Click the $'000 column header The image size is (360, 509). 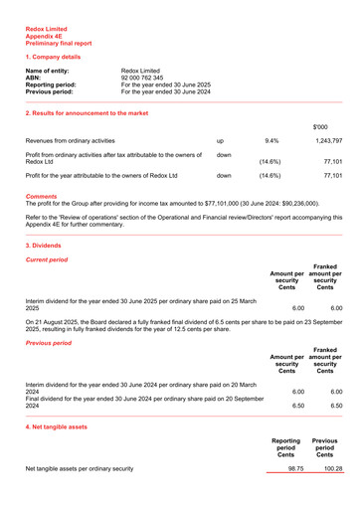click(x=321, y=127)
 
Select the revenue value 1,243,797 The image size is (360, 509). click(x=325, y=142)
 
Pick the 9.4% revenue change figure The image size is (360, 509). click(x=271, y=142)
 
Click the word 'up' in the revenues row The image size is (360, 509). click(x=220, y=142)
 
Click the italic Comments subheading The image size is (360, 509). click(x=41, y=197)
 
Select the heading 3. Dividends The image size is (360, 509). click(x=46, y=245)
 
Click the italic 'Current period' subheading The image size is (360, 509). click(x=46, y=259)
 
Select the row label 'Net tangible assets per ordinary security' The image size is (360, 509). click(x=79, y=467)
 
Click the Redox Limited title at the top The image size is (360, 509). click(x=46, y=28)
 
